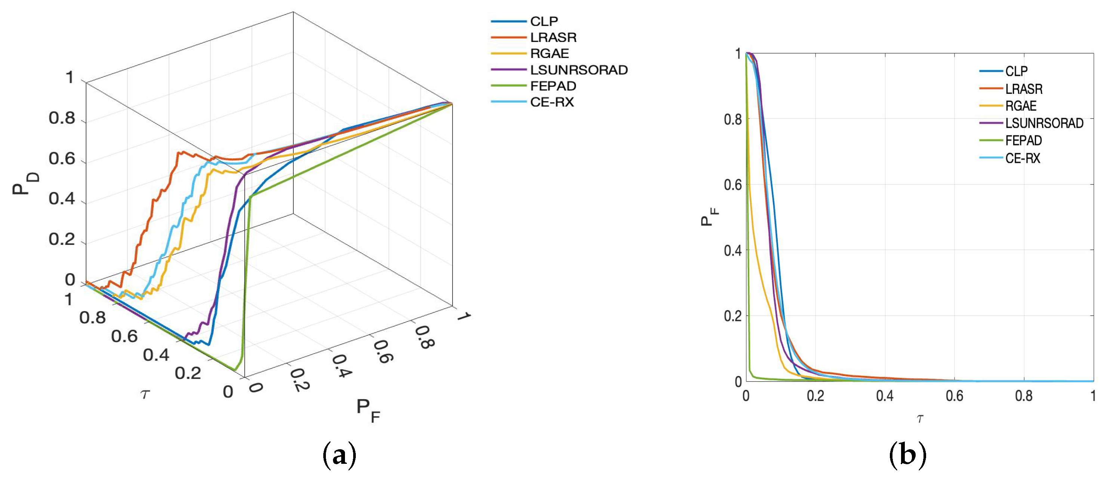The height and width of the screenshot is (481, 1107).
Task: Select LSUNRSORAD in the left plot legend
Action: click(579, 70)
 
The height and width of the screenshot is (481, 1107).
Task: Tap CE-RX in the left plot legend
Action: click(552, 102)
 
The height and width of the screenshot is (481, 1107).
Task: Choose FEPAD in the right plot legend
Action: click(1023, 141)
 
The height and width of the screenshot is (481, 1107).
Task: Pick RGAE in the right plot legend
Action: click(1021, 106)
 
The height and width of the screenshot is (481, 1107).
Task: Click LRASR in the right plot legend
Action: click(1023, 89)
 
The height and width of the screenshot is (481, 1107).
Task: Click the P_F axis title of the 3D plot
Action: click(368, 410)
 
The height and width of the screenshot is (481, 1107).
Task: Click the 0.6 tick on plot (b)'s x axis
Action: click(954, 396)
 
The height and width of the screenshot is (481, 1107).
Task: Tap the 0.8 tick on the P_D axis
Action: click(61, 118)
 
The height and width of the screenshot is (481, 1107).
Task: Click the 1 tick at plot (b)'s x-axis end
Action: click(1093, 396)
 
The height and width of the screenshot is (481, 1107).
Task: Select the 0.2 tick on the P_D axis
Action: click(61, 240)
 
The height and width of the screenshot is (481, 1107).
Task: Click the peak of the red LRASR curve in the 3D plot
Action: click(183, 152)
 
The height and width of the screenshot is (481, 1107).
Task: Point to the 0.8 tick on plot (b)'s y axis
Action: click(733, 119)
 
